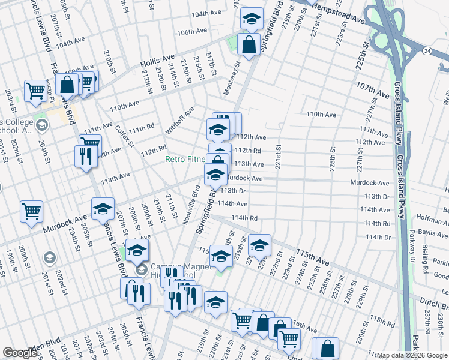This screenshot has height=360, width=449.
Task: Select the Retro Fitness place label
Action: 185,160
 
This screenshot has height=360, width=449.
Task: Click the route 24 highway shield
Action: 426,52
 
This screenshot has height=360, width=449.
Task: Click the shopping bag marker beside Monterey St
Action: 249,43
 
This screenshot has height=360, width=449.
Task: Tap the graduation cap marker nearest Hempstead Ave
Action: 252,18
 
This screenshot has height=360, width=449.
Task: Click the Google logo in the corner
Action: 20,353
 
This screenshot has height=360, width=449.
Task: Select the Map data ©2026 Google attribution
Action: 412,355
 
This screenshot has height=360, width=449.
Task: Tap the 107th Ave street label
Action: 373,90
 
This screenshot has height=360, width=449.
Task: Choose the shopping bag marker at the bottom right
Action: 327,347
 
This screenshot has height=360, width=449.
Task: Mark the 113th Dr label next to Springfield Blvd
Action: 234,191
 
